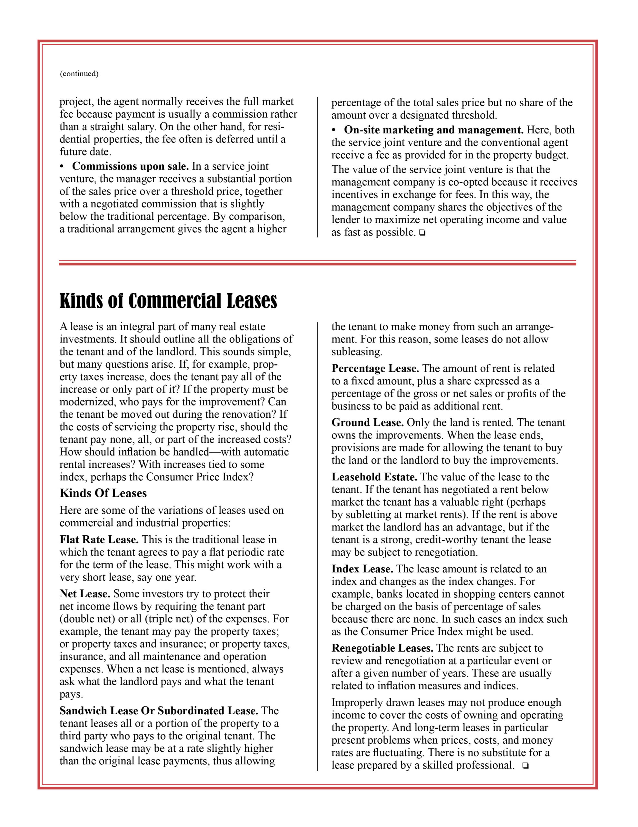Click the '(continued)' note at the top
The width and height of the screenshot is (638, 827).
79,73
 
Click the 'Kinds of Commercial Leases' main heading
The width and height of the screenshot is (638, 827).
168,301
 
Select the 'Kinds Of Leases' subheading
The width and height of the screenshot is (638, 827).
103,493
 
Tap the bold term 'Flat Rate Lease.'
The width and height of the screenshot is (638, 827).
99,539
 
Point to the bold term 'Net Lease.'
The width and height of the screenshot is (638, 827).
85,593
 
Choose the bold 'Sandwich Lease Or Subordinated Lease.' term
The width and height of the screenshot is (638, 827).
159,710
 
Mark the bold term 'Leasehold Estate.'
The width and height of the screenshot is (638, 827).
374,477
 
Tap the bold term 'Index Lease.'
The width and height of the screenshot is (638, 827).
362,569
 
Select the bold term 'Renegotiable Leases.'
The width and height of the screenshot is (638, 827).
382,648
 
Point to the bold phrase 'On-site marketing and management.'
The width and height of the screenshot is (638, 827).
434,130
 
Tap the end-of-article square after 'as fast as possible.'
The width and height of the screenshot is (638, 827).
422,233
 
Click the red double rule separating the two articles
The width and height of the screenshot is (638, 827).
317,263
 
